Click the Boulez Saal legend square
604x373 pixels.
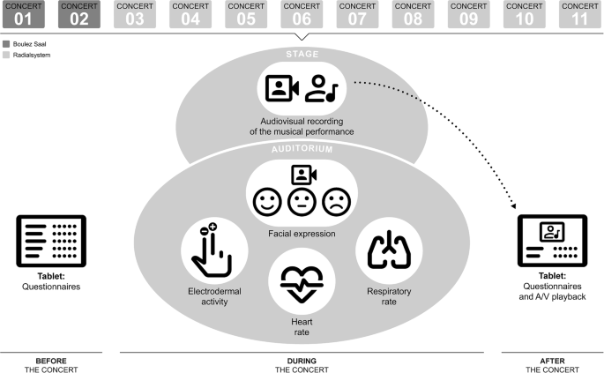[7, 43]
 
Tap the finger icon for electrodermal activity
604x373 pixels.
[213, 250]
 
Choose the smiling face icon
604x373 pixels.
[265, 202]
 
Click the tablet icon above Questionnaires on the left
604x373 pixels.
[45, 239]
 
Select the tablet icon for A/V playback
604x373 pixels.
[554, 240]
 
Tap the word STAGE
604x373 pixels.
[301, 55]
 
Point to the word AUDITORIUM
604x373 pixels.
[301, 150]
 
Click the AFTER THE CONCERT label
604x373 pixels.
[552, 365]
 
